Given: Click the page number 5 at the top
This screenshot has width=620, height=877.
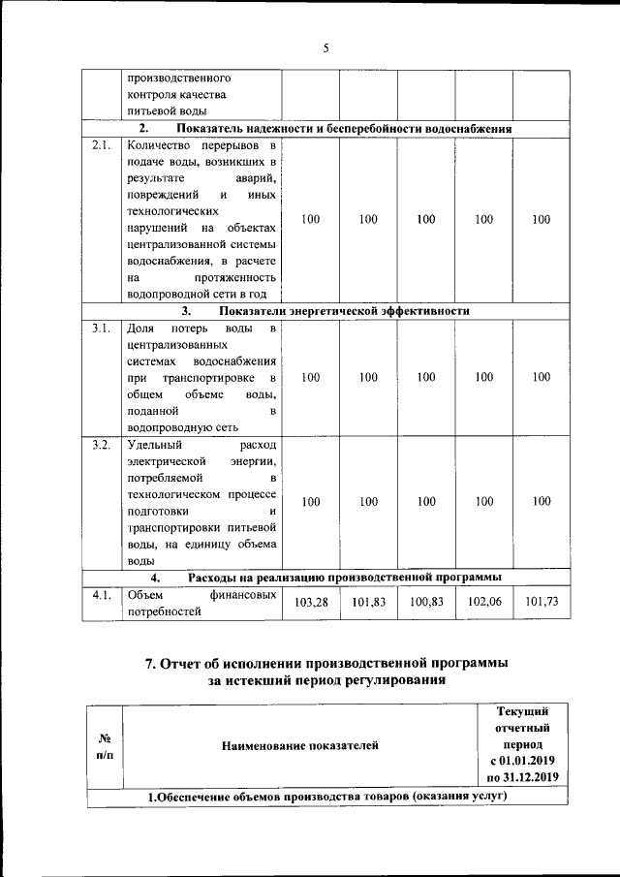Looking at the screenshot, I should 326,47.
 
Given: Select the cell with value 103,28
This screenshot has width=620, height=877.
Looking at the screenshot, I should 310,603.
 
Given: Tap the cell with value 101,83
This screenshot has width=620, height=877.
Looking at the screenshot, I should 368,603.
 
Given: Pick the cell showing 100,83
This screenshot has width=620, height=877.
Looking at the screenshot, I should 426,603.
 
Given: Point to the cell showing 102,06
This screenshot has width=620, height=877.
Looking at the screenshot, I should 484,603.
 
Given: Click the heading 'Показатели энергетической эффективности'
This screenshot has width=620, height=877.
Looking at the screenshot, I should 344,312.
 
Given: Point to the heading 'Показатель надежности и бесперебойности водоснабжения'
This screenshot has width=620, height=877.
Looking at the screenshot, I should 344,129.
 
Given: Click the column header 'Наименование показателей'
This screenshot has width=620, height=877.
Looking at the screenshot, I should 300,745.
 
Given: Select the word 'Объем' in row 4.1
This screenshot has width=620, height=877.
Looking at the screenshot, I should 146,595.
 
